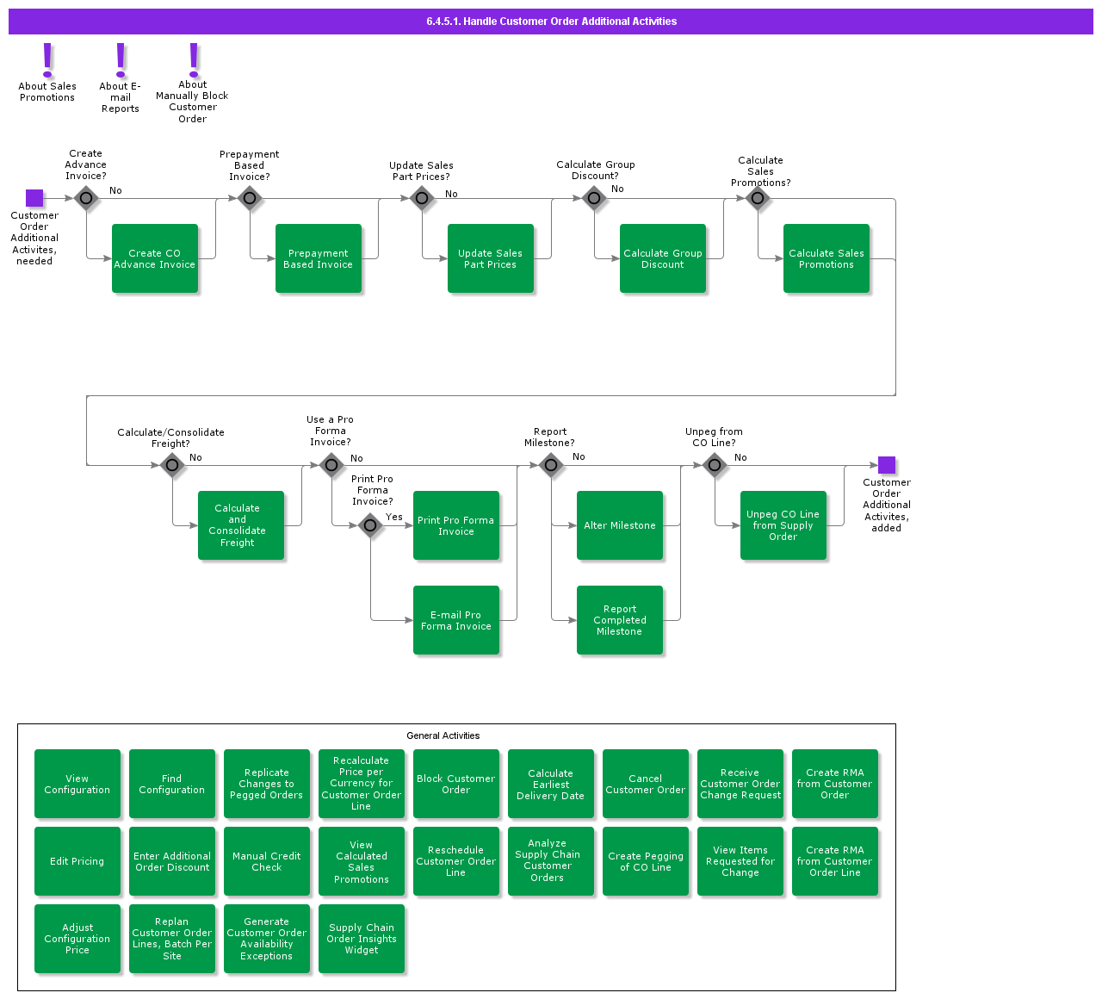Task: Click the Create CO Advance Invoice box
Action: tap(155, 258)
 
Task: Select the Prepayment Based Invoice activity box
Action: tap(319, 258)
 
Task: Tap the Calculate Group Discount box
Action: tap(663, 258)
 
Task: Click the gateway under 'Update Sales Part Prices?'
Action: tap(422, 199)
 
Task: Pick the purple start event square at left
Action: tap(34, 198)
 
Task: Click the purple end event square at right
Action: tap(887, 465)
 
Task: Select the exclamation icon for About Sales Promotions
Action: tap(48, 60)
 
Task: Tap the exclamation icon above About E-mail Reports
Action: tap(121, 60)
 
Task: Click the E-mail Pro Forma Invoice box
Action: tap(456, 620)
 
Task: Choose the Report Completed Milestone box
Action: tap(620, 620)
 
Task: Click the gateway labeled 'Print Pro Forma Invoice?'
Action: tap(370, 525)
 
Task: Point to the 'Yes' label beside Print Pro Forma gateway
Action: tap(394, 517)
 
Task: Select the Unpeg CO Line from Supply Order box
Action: tap(783, 525)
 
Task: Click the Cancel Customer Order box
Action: tap(646, 784)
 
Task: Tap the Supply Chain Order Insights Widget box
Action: tap(362, 939)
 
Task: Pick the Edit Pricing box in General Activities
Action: tap(77, 861)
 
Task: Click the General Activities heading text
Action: tap(443, 735)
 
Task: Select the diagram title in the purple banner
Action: tap(551, 22)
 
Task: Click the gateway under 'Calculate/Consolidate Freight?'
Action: tap(172, 466)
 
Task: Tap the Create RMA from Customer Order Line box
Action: tap(835, 861)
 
